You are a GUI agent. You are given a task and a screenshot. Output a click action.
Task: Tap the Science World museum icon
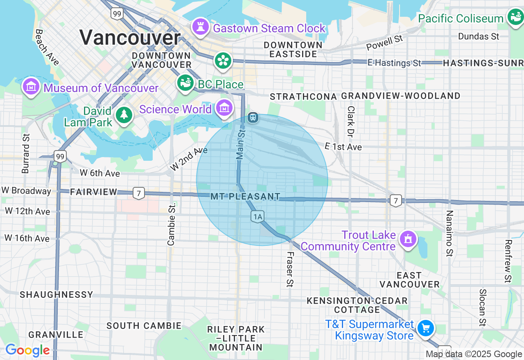[224, 108]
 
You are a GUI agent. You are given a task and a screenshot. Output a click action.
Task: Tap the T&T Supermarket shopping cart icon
[426, 328]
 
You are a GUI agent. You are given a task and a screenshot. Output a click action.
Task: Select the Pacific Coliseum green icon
[514, 17]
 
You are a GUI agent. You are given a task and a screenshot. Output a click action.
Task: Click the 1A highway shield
[257, 217]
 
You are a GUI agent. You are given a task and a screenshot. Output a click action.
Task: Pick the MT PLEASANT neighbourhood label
[245, 197]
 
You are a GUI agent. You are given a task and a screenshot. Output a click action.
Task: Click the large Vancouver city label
[130, 38]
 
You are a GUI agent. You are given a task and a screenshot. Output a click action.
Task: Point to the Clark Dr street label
[351, 121]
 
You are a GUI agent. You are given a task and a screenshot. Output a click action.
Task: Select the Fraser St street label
[290, 269]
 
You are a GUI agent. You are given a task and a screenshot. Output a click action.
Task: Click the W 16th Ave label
[27, 238]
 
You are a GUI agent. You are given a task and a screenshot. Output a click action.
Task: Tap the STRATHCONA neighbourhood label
[303, 97]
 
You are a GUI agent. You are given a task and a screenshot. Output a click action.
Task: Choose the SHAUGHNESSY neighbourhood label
[56, 295]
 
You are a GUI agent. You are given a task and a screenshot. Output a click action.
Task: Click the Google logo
[27, 351]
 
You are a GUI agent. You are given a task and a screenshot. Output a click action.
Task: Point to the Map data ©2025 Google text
[474, 354]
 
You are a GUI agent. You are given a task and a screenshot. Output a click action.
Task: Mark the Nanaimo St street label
[449, 233]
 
